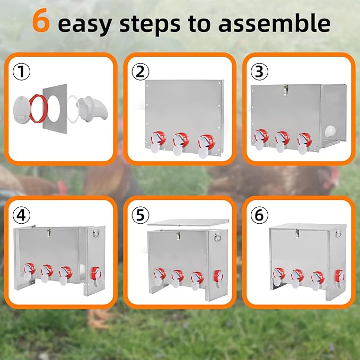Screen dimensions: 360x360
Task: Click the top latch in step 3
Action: coord(285,90)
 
